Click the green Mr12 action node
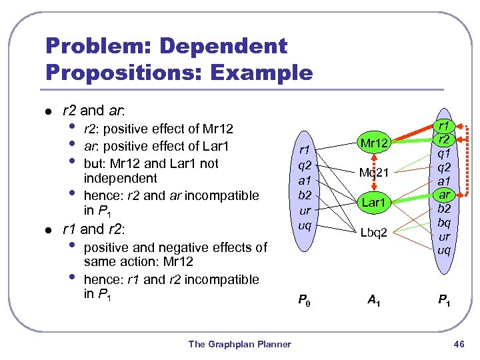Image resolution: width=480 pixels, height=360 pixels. pos(375,142)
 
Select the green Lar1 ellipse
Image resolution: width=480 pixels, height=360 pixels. pos(375,202)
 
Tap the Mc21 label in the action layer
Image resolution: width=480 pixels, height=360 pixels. pos(375,172)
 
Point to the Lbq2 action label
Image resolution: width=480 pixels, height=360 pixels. pos(375,233)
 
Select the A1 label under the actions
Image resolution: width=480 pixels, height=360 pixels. pos(374,300)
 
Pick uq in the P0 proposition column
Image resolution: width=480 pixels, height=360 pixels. pos(304,225)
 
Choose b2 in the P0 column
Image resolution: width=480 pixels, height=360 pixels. pos(304,195)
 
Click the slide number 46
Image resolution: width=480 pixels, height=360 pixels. pos(458,344)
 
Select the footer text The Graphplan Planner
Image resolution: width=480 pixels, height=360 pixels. pos(240,344)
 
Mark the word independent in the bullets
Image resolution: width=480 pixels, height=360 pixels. pos(121,178)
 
